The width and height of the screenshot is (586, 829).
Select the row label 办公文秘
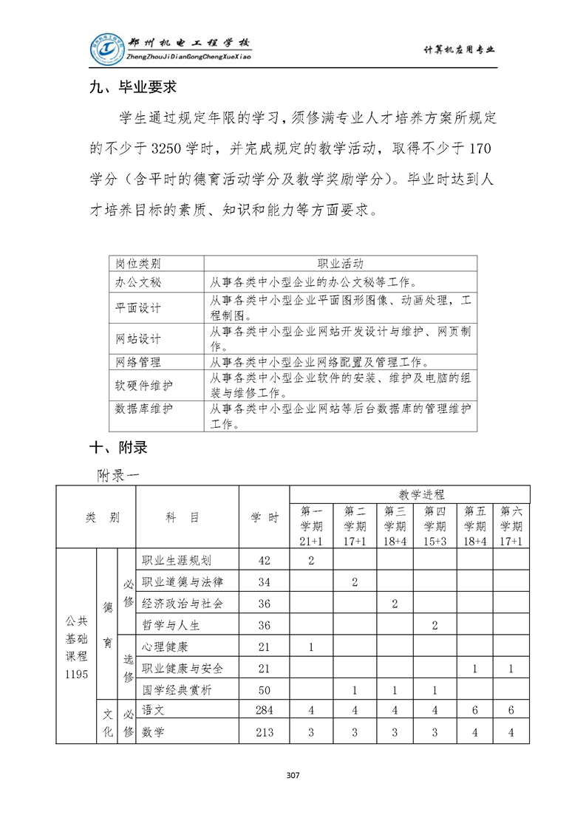138,282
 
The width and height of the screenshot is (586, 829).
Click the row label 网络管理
138,362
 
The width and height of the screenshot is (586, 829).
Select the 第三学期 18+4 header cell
395,526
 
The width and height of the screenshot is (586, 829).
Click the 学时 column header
265,518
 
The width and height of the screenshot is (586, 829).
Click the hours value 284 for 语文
265,710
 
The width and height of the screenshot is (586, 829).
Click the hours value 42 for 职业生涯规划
265,560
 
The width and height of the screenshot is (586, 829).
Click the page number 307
293,775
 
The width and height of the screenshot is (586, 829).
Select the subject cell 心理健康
165,647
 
